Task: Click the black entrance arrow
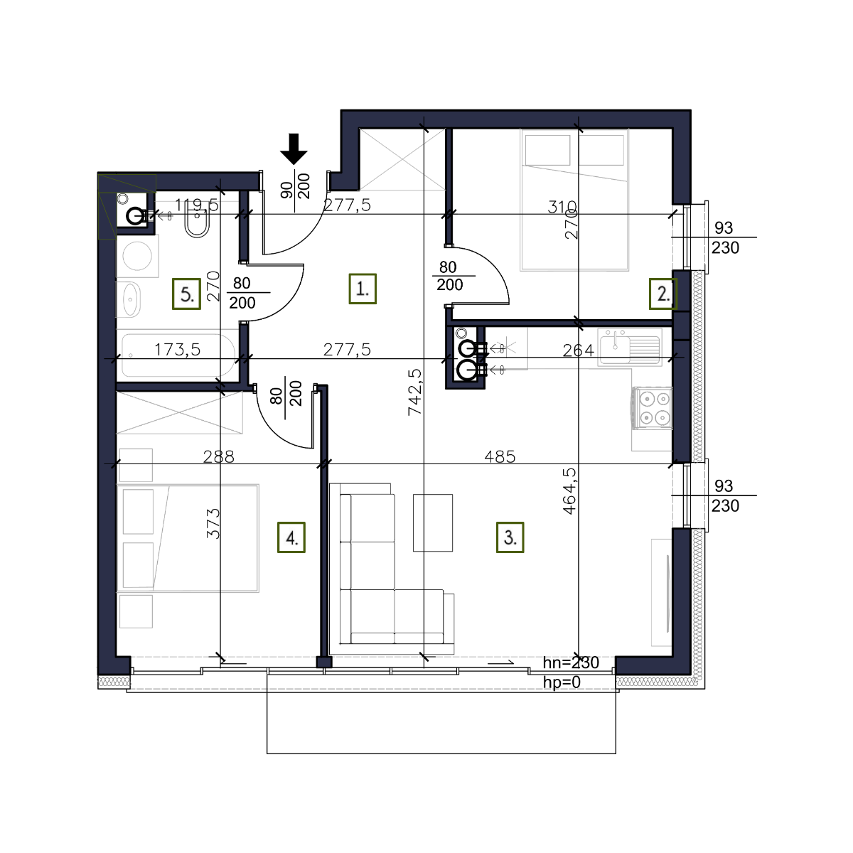[x=294, y=149]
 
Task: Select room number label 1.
[x=363, y=289]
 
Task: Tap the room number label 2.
[x=662, y=294]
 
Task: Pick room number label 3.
[x=510, y=537]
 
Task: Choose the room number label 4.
[x=291, y=537]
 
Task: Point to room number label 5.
[x=186, y=294]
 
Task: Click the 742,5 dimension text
[x=415, y=392]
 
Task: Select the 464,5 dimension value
[x=570, y=491]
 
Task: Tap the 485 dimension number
[x=500, y=456]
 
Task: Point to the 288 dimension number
[x=218, y=456]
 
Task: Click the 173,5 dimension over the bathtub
[x=177, y=350]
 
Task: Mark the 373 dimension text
[x=213, y=523]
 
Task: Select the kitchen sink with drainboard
[x=630, y=348]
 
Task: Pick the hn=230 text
[x=571, y=662]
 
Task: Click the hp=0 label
[x=562, y=682]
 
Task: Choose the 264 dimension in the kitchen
[x=578, y=350]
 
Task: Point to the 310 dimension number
[x=562, y=206]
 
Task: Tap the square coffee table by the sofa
[x=432, y=522]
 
